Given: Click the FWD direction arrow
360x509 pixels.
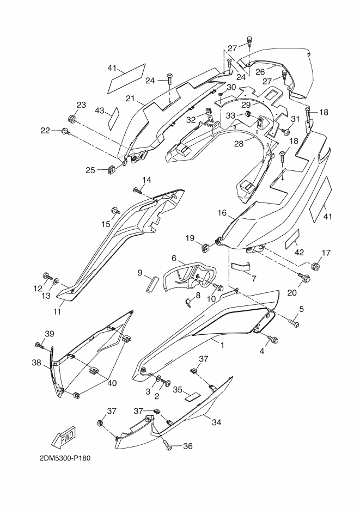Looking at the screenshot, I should (64, 436).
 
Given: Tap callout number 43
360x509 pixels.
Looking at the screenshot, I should (99, 111).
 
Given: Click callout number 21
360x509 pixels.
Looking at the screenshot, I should (130, 99).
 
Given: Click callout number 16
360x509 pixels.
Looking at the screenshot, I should (222, 213).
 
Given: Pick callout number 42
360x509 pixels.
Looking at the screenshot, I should (300, 252).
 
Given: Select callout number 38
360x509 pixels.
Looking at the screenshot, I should (36, 361).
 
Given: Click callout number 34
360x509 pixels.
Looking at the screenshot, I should (217, 422).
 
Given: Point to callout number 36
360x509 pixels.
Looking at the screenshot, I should (188, 446).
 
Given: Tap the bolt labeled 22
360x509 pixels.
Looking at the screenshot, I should (65, 131).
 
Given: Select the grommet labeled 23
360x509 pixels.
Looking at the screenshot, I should (72, 119).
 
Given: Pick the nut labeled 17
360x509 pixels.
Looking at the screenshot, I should (314, 267).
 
